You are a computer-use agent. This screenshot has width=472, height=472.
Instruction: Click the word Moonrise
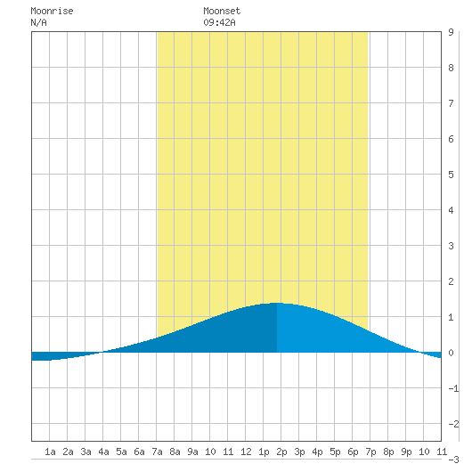pos(52,12)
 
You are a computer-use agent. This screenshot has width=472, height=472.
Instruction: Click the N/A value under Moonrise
pos(38,22)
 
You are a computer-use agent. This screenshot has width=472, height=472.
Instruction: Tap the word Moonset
pos(222,12)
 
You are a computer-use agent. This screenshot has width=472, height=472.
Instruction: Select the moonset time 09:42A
pos(219,22)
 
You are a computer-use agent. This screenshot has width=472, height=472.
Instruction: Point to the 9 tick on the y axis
pos(451,32)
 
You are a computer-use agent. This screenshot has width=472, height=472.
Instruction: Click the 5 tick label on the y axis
pos(451,175)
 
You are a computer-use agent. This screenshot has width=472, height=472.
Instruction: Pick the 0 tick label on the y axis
pos(451,353)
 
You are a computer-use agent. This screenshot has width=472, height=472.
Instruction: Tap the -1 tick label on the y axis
pos(453,388)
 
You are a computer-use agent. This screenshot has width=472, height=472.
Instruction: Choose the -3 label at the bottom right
pos(453,460)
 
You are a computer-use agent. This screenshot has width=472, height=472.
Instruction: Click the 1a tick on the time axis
pos(50,452)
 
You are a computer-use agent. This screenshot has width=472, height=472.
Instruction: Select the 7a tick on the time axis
pos(157,452)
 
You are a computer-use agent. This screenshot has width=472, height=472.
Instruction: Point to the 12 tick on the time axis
pos(246,452)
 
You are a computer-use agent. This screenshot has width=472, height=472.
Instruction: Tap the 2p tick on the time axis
pos(281,452)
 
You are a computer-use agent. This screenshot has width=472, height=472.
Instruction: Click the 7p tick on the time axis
pos(370,452)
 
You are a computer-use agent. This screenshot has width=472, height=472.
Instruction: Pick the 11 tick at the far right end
pos(442,452)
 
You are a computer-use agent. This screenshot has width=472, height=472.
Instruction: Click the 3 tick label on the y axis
pos(451,246)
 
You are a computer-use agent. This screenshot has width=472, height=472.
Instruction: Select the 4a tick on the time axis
pos(103,452)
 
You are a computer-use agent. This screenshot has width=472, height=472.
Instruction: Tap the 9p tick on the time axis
pos(406,452)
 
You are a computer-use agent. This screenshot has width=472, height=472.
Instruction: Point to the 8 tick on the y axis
pos(451,68)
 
